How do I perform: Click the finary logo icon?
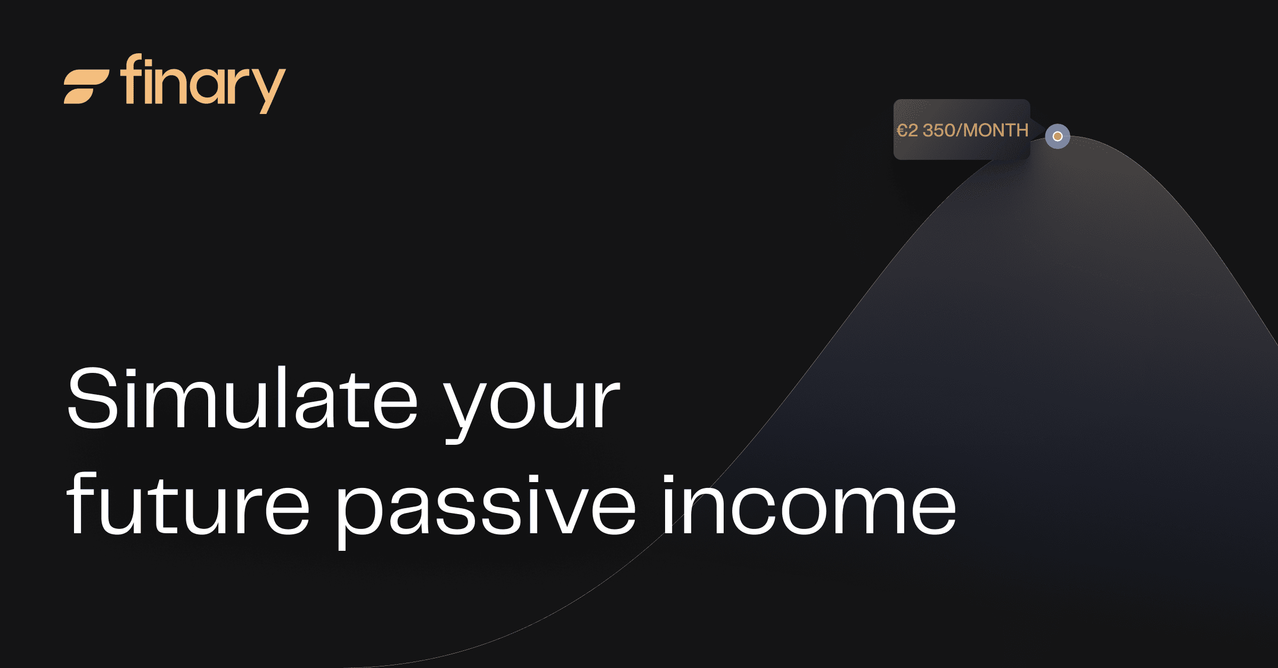[x=86, y=86]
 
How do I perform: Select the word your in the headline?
[x=532, y=405]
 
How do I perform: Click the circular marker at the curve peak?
[x=1058, y=136]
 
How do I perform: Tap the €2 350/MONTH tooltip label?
[x=962, y=130]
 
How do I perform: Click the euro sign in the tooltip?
[x=902, y=131]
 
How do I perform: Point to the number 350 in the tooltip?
[x=939, y=131]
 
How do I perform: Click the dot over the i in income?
[x=668, y=479]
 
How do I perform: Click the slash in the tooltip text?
[x=960, y=131]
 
